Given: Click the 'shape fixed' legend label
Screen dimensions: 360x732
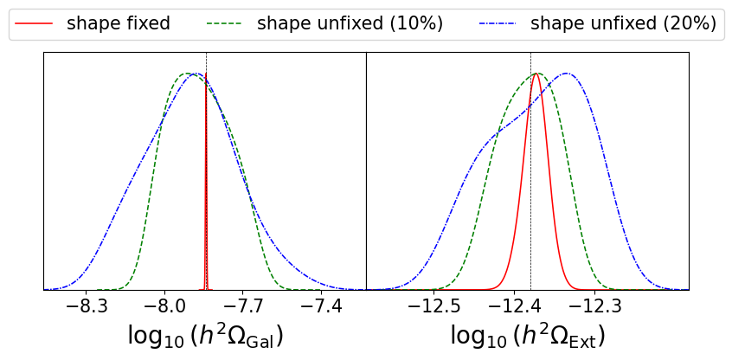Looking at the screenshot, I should click(x=118, y=23).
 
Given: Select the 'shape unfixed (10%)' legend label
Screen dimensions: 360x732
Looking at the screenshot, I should click(x=350, y=23).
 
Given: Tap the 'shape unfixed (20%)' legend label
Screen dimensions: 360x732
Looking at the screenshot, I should click(x=623, y=23).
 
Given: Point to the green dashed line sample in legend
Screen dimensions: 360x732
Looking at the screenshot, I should click(x=225, y=23).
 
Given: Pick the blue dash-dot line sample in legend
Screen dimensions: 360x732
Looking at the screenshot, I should click(x=498, y=23).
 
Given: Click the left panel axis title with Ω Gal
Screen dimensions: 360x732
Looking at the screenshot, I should click(x=205, y=336).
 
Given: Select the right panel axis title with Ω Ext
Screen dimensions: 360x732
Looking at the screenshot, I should click(x=528, y=336).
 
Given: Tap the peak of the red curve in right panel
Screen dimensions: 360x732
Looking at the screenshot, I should click(x=536, y=74).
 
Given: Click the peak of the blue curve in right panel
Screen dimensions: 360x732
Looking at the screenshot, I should click(x=568, y=74).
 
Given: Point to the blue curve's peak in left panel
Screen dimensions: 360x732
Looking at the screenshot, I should click(x=196, y=74).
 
